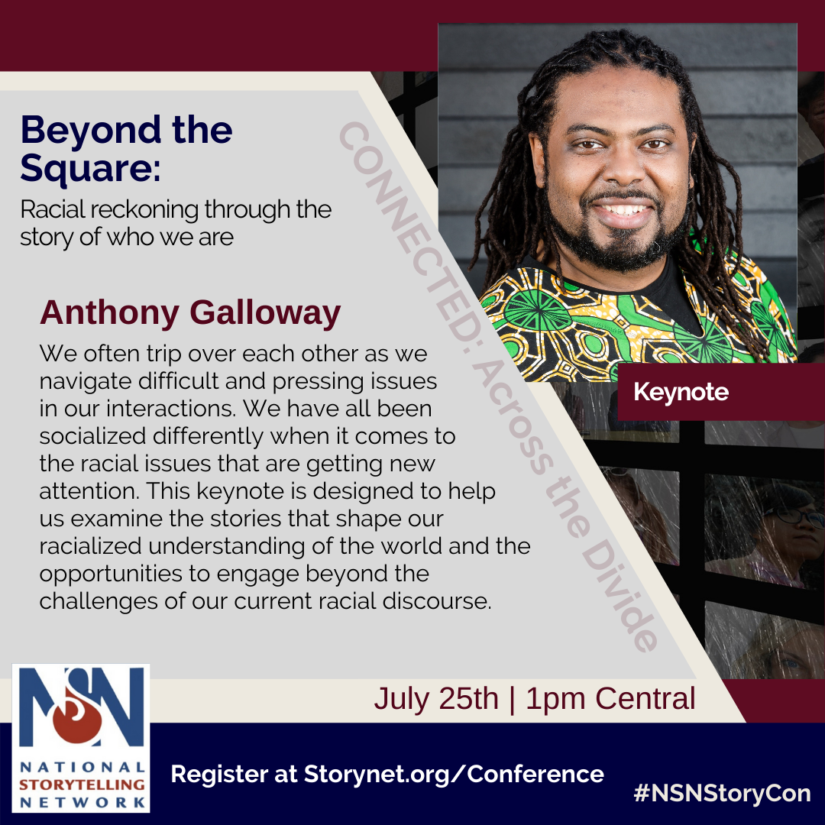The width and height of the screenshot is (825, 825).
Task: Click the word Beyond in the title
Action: (x=90, y=131)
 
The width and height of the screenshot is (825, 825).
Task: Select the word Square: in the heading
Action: (x=90, y=168)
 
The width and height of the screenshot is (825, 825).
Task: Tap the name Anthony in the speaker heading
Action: (x=109, y=314)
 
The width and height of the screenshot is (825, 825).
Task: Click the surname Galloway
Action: (x=265, y=313)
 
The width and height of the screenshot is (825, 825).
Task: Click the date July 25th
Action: (x=436, y=699)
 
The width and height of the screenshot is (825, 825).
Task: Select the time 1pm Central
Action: (x=610, y=699)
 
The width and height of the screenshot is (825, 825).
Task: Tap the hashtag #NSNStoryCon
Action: (x=722, y=794)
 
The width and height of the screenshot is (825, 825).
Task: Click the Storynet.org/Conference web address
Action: (x=454, y=774)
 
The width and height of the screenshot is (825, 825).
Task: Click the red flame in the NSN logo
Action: (x=77, y=716)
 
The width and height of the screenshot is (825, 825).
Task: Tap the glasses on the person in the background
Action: (x=794, y=516)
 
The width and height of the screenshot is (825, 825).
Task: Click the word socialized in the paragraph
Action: (x=92, y=436)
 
